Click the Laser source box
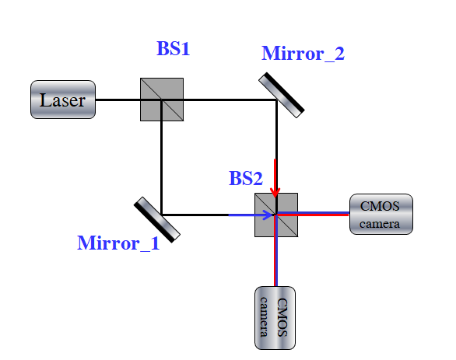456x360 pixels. (x=63, y=100)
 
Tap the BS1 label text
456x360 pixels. (x=174, y=48)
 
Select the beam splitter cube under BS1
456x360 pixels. (x=162, y=100)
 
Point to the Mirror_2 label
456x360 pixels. (x=303, y=54)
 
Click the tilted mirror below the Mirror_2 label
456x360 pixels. (x=282, y=95)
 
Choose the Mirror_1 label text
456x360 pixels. (x=118, y=243)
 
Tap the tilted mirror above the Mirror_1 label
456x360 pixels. (x=157, y=220)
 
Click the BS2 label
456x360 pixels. (x=246, y=178)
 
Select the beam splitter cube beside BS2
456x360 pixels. (x=276, y=215)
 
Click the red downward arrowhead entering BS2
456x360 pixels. (x=275, y=193)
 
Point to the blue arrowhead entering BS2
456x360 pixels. (x=268, y=215)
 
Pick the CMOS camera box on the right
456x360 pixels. (x=381, y=214)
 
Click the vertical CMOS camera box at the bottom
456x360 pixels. (x=275, y=318)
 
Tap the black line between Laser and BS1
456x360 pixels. (x=118, y=100)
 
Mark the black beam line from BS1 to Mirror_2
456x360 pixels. (x=219, y=100)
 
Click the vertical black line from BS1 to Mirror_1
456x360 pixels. (x=161, y=157)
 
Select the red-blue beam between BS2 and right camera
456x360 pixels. (x=313, y=214)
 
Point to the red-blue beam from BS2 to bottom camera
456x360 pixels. (x=276, y=250)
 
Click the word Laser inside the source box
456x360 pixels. (x=62, y=100)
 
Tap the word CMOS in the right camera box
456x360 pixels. (x=380, y=206)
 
